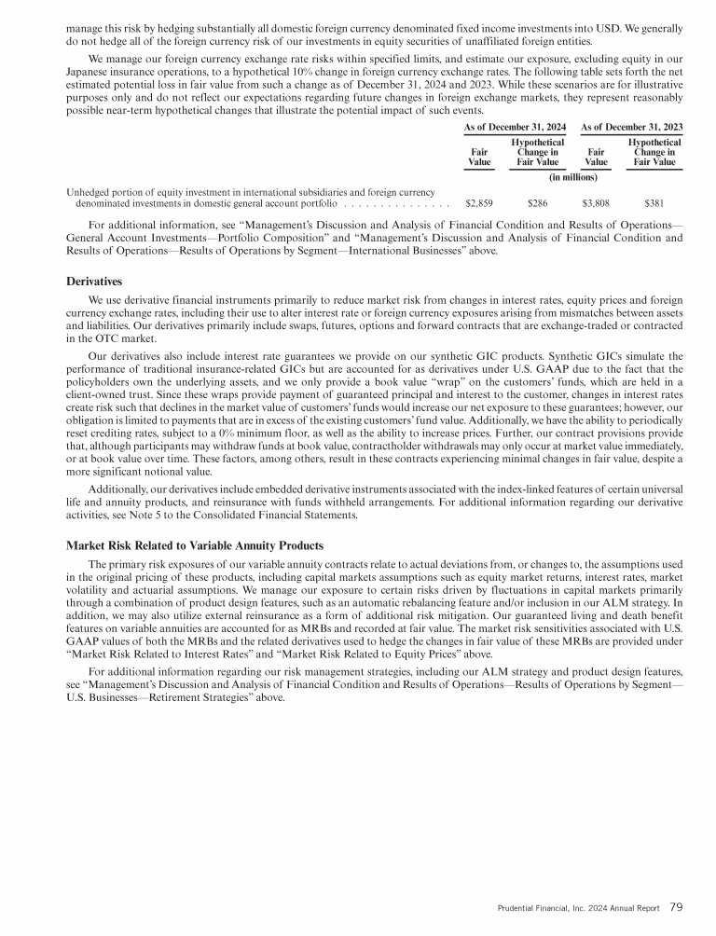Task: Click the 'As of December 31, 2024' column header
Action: pos(516,126)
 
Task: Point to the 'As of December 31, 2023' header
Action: pos(631,126)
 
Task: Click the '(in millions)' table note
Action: pos(572,176)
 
